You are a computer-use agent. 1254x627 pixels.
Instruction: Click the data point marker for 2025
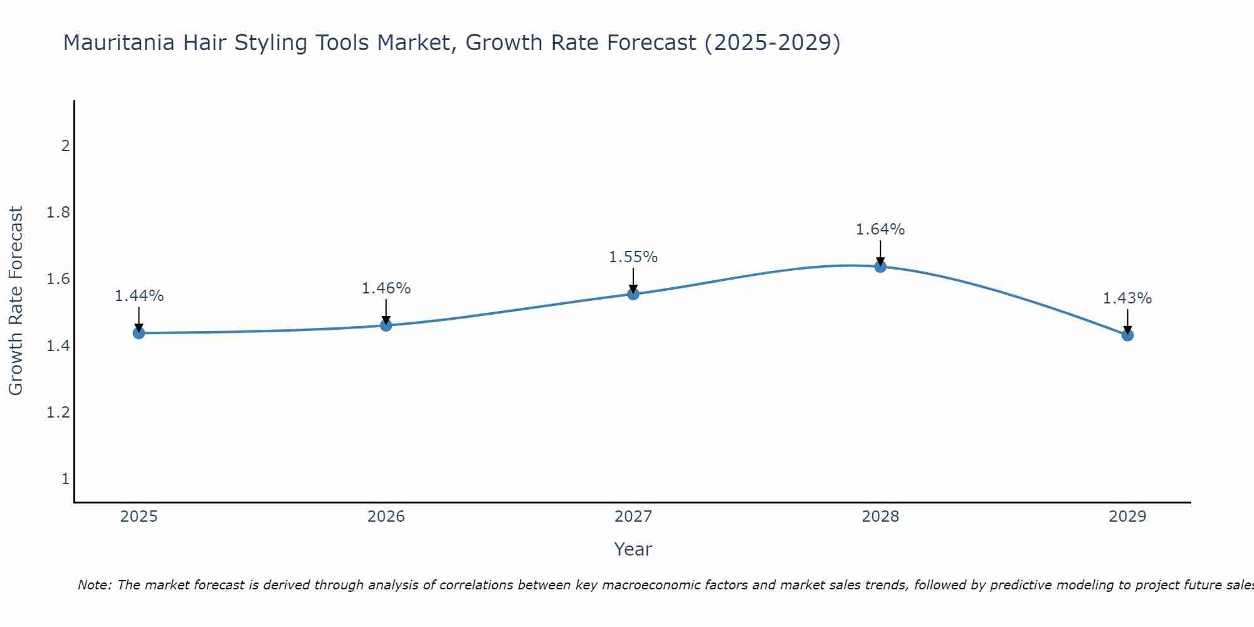[x=139, y=333]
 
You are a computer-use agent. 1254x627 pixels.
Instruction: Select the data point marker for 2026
[x=386, y=325]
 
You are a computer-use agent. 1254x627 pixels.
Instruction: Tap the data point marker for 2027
[x=633, y=294]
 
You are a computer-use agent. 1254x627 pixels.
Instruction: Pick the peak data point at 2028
[x=880, y=266]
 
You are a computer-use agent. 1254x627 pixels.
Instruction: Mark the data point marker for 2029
[x=1127, y=335]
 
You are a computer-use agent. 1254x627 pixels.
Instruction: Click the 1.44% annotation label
[x=139, y=296]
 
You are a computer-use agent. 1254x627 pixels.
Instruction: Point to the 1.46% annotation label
[x=386, y=288]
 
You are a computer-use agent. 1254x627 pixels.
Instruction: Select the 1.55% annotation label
[x=633, y=257]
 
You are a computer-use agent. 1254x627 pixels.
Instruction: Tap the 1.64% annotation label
[x=880, y=229]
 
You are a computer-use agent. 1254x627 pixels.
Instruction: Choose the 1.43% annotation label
[x=1127, y=298]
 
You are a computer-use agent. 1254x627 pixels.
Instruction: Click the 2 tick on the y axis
[x=65, y=146]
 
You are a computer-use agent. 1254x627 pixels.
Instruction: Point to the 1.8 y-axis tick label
[x=58, y=213]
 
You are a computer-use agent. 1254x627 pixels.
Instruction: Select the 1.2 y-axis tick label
[x=58, y=413]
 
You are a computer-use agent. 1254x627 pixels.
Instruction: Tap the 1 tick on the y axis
[x=65, y=479]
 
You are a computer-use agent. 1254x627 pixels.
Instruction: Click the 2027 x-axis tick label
[x=633, y=517]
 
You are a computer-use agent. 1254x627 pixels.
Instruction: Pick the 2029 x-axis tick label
[x=1127, y=517]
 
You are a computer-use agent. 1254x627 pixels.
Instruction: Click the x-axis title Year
[x=633, y=549]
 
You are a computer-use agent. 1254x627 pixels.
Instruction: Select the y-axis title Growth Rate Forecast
[x=16, y=301]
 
